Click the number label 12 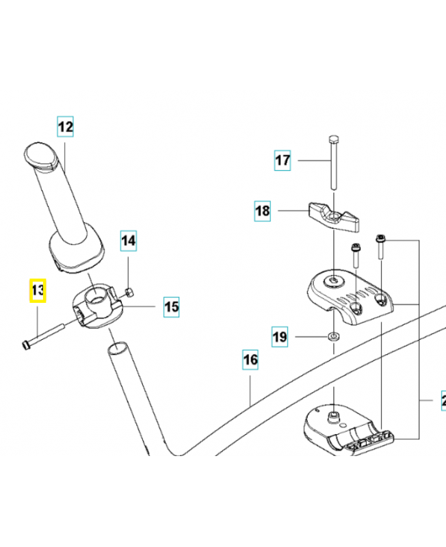[65, 126]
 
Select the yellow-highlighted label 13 [37, 292]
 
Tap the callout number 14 [129, 240]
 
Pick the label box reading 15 [171, 307]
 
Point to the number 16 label [250, 360]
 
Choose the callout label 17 [283, 161]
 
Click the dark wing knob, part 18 [333, 215]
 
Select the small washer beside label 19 [333, 336]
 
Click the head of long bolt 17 [333, 139]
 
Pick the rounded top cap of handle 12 [42, 154]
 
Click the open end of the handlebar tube [117, 349]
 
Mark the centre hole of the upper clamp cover [333, 280]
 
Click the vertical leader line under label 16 [250, 390]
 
